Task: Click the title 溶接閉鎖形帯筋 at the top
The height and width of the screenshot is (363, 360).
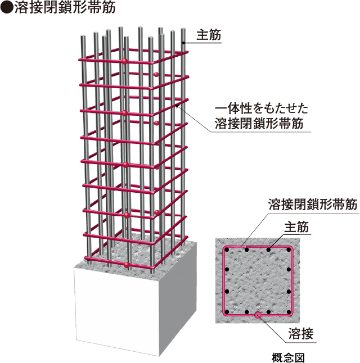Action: (x=65, y=8)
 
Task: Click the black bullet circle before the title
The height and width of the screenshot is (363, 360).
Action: (x=7, y=8)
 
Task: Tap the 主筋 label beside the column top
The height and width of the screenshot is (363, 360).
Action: (x=209, y=35)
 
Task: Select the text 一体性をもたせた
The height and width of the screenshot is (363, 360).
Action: (x=262, y=108)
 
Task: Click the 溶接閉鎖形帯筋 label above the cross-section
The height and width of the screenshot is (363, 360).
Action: (x=313, y=204)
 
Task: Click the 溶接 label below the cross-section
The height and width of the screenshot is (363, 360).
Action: (x=301, y=334)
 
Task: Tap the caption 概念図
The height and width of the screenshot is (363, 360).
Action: (x=288, y=357)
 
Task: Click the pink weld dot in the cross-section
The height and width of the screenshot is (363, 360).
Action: (x=258, y=315)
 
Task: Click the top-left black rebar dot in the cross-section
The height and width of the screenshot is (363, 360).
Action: (x=227, y=250)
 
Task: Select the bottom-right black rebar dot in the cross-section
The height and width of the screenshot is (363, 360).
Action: (x=289, y=312)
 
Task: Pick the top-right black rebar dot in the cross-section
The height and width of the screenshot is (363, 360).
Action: (x=289, y=250)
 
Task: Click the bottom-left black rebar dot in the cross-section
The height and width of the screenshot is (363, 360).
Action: (x=227, y=312)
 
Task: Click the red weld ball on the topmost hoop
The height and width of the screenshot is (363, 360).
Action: (x=125, y=61)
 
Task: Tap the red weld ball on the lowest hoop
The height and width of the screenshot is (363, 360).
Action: (x=127, y=265)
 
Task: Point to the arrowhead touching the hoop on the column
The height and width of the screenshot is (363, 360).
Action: (x=177, y=106)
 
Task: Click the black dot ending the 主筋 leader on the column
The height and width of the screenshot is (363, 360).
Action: (x=183, y=43)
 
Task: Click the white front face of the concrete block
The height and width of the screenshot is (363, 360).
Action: (x=116, y=310)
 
